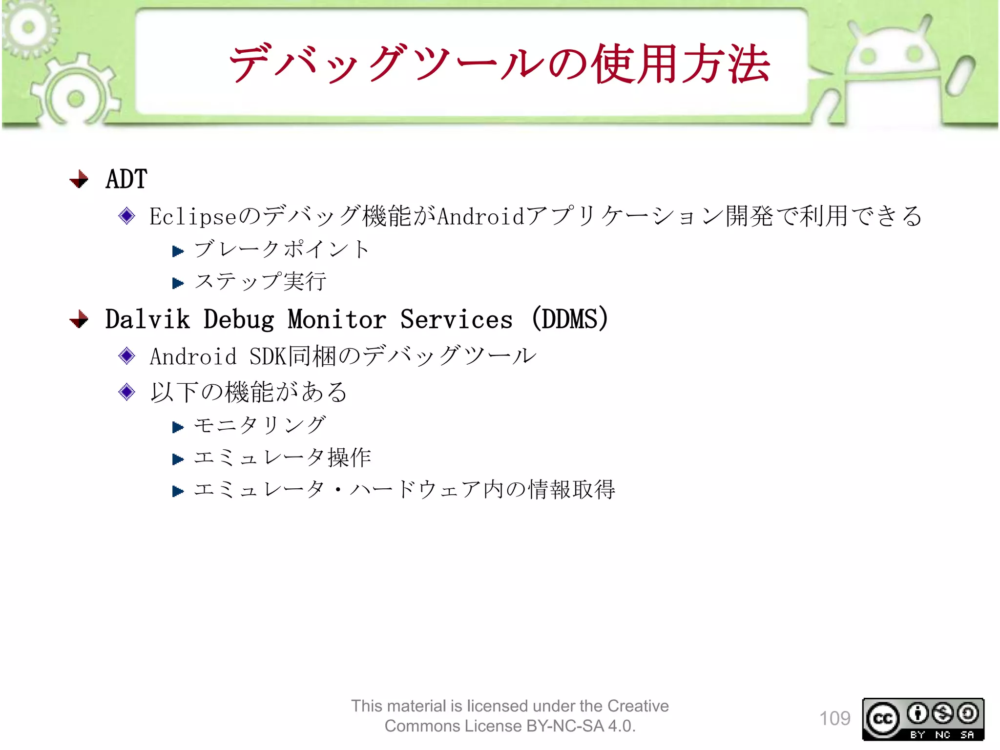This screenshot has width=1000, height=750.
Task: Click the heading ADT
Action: pyautogui.click(x=126, y=179)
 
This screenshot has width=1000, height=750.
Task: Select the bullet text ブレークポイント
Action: pyautogui.click(x=282, y=250)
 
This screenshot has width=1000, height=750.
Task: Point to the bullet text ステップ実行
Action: pyautogui.click(x=260, y=282)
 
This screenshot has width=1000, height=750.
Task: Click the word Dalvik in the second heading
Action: pyautogui.click(x=147, y=319)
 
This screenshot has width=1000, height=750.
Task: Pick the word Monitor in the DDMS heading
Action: pyautogui.click(x=337, y=319)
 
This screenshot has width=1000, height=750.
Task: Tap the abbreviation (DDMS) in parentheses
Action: pyautogui.click(x=570, y=319)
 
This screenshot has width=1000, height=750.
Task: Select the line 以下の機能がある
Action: pyautogui.click(x=249, y=392)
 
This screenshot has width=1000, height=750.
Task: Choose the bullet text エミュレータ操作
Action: pyautogui.click(x=282, y=458)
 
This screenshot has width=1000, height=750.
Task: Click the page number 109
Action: pyautogui.click(x=834, y=719)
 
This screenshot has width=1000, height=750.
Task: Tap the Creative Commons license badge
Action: pyautogui.click(x=923, y=719)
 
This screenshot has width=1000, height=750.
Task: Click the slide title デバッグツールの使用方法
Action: pyautogui.click(x=499, y=64)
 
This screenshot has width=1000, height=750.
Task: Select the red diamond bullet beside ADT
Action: pyautogui.click(x=79, y=179)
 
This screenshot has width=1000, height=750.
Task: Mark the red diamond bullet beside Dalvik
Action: pyautogui.click(x=79, y=320)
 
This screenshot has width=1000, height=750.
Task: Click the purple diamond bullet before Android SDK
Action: pyautogui.click(x=127, y=356)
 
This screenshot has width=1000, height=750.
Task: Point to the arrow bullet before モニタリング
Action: pyautogui.click(x=178, y=428)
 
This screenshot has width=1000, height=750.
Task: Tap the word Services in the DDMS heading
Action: pyautogui.click(x=457, y=319)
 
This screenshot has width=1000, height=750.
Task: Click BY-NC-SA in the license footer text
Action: pyautogui.click(x=565, y=726)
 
